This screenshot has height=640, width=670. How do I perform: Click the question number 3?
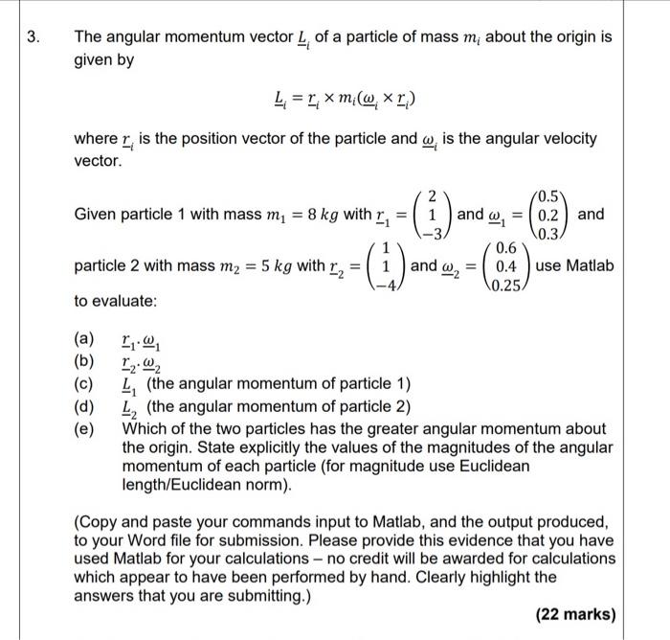point(33,38)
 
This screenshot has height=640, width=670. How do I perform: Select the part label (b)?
point(85,361)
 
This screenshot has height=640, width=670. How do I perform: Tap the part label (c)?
point(85,383)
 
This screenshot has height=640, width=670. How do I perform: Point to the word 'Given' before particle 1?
point(98,214)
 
